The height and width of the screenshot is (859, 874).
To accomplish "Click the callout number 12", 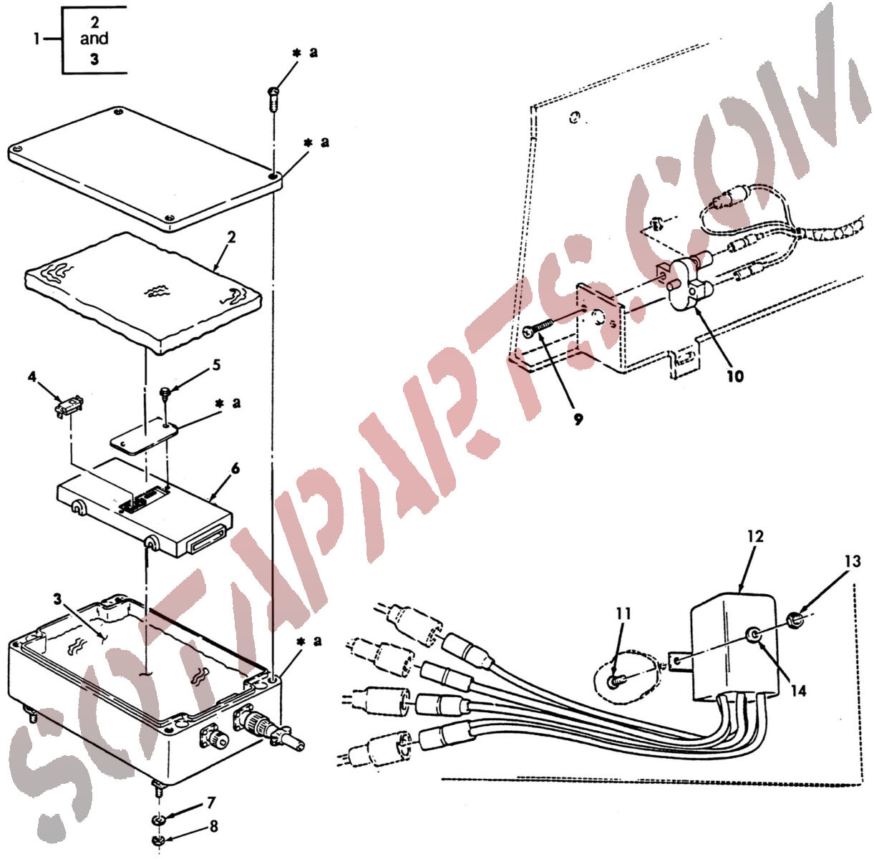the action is [x=755, y=536].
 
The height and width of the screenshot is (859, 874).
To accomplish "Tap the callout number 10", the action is [x=736, y=376].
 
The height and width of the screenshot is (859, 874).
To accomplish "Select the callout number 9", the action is [x=578, y=419].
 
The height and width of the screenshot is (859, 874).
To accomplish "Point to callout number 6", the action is [x=236, y=468].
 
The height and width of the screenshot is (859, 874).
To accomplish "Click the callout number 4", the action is [x=31, y=377].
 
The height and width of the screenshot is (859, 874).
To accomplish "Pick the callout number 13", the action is [x=853, y=561].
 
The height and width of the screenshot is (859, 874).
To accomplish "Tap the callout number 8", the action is [x=213, y=826].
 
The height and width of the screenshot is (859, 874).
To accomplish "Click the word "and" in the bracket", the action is [x=94, y=39].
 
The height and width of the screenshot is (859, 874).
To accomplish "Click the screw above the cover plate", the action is [x=272, y=100].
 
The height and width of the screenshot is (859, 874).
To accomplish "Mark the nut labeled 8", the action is [x=158, y=840].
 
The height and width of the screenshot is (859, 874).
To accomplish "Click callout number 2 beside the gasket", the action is [x=231, y=238].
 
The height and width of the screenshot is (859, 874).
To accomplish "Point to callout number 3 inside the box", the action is [x=57, y=598].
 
